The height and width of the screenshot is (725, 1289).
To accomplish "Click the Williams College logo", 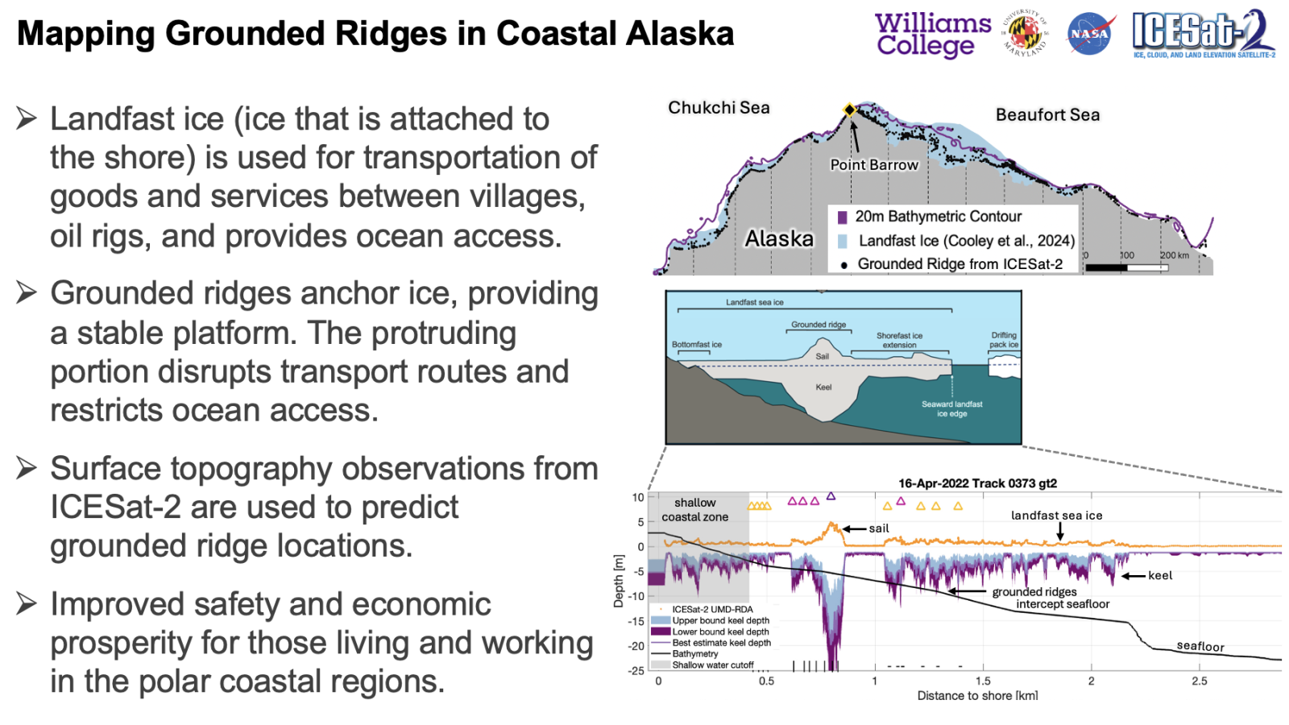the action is pyautogui.click(x=932, y=35).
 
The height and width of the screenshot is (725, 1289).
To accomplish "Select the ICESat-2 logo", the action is pyautogui.click(x=1204, y=34).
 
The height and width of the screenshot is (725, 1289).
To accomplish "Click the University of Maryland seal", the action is pyautogui.click(x=1026, y=32).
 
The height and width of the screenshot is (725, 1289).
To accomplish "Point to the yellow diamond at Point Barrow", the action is pyautogui.click(x=849, y=110).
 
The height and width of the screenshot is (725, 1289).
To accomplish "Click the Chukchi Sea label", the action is pyautogui.click(x=719, y=108).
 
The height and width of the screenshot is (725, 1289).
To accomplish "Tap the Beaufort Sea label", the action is pyautogui.click(x=1047, y=115).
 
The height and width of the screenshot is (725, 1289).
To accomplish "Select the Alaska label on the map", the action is pyautogui.click(x=779, y=238).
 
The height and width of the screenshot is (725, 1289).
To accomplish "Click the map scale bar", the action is pyautogui.click(x=1126, y=267).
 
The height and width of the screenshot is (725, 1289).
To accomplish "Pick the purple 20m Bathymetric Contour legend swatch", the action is pyautogui.click(x=842, y=217).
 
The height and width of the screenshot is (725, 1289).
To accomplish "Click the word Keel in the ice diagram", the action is pyautogui.click(x=823, y=387).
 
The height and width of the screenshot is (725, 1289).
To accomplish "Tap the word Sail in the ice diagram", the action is pyautogui.click(x=823, y=357).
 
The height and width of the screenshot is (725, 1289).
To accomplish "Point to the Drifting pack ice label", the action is pyautogui.click(x=1004, y=339).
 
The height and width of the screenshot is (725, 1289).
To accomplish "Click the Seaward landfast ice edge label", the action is pyautogui.click(x=951, y=408).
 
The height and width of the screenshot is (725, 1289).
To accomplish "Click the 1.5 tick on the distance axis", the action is pyautogui.click(x=983, y=681).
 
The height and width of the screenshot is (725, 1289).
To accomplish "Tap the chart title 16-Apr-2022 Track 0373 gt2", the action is pyautogui.click(x=978, y=483).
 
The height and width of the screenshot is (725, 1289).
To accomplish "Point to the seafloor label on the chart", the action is pyautogui.click(x=1200, y=646).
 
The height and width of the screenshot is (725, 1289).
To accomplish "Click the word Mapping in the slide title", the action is pyautogui.click(x=85, y=34).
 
